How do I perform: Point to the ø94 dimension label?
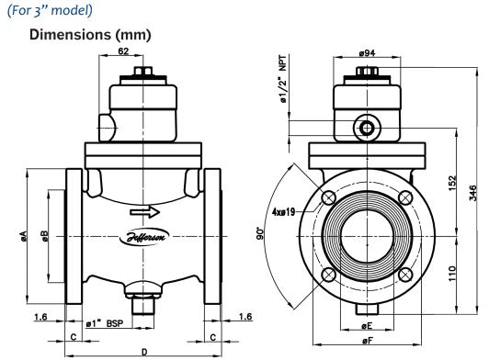tap(364, 52)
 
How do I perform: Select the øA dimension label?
tap(20, 238)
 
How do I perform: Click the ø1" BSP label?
tap(104, 323)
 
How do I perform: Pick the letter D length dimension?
tap(143, 352)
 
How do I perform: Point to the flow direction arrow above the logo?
tap(143, 215)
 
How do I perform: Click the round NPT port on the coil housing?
tap(365, 124)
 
